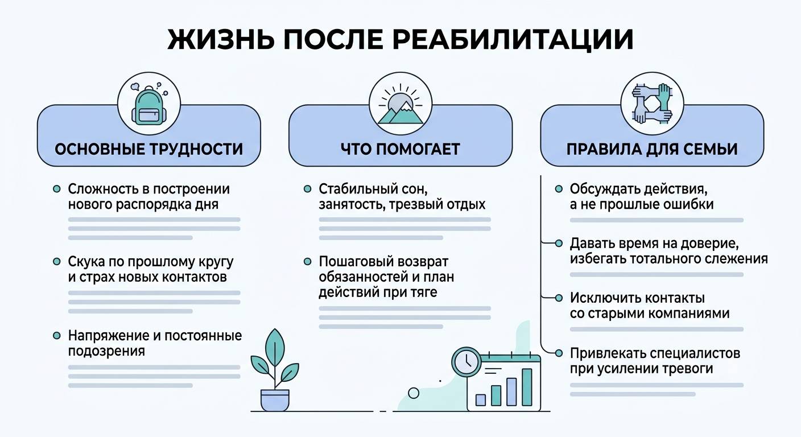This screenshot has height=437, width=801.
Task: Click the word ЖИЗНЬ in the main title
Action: pos(221,39)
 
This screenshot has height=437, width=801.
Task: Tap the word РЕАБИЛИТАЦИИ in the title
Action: pos(513,40)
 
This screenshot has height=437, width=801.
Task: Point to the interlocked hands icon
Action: pos(653,104)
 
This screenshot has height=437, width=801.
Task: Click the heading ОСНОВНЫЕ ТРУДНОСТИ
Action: pos(148,149)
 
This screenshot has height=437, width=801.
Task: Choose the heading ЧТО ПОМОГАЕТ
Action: pos(400,149)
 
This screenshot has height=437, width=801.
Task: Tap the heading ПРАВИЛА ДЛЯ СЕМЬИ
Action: pos(652,149)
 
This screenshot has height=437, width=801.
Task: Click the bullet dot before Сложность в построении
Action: pos(56,188)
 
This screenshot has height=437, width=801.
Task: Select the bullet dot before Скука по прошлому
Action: pos(56,261)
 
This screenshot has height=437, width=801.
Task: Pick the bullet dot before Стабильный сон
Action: pos(308,188)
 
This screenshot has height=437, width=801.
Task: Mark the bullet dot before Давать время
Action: pos(559,243)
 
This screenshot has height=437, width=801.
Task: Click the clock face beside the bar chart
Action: pos(466,361)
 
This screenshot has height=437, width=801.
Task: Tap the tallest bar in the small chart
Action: pos(527,387)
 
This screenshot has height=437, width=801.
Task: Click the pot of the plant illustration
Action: pos(275,400)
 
